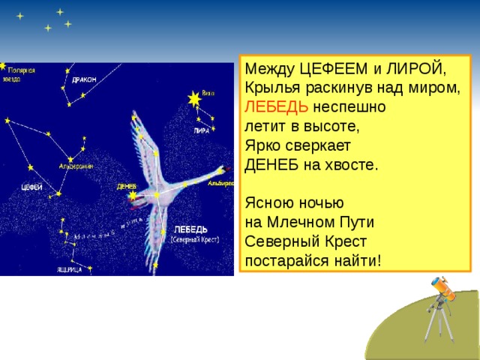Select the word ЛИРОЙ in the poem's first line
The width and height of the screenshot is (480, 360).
click(419, 70)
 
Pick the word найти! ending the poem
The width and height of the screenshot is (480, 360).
click(350, 260)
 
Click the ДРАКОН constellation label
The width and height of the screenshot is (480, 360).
click(84, 79)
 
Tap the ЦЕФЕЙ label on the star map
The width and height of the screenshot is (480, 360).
click(31, 187)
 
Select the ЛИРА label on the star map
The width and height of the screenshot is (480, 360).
click(201, 130)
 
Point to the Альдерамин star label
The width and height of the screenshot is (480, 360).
click(75, 166)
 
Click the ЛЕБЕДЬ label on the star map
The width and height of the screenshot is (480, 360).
click(190, 229)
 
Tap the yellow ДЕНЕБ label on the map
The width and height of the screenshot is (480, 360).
click(126, 187)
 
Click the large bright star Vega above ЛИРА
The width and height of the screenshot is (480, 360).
click(195, 98)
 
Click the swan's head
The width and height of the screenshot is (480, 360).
click(220, 173)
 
